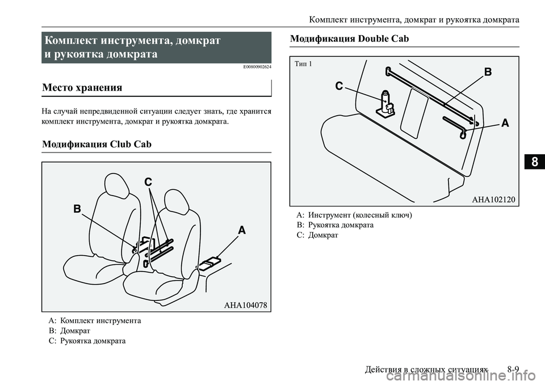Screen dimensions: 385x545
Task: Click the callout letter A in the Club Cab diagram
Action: (x=242, y=231)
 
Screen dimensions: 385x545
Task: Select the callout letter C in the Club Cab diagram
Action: (x=148, y=183)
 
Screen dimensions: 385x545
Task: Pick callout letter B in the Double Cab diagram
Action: (x=487, y=73)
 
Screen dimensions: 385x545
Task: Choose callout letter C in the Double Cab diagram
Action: (x=339, y=86)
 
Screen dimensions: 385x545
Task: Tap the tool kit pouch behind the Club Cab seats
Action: (x=208, y=263)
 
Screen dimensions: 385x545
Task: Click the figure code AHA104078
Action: (x=245, y=304)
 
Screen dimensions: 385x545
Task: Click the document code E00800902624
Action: (x=253, y=67)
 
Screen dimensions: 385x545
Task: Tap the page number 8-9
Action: (x=513, y=369)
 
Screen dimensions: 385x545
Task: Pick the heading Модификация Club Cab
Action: (x=97, y=144)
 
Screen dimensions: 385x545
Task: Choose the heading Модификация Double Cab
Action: (x=349, y=39)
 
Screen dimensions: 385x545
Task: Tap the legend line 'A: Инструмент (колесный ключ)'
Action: (x=354, y=215)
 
